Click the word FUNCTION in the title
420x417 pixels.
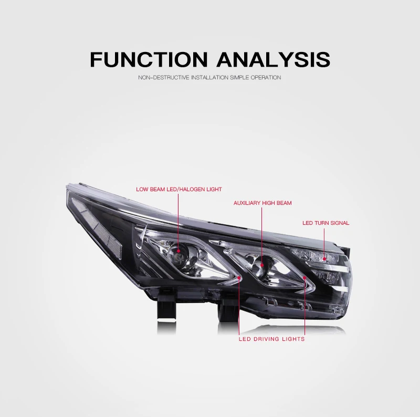(149, 59)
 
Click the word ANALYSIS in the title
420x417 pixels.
(274, 59)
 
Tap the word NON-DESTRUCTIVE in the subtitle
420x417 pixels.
(164, 78)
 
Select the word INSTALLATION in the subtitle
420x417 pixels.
(209, 78)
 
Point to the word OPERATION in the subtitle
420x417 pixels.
(266, 78)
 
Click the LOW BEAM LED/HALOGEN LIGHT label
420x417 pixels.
(179, 189)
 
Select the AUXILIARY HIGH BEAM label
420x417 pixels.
(262, 203)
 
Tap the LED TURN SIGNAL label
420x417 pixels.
(325, 223)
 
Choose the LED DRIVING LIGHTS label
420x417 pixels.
(271, 339)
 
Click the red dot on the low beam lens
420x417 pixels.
(178, 251)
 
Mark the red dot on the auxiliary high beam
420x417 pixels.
(262, 265)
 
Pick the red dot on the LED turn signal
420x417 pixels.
(324, 259)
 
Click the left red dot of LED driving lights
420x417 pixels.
(239, 278)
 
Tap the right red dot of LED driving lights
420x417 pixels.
(304, 278)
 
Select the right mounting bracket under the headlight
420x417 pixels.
(228, 308)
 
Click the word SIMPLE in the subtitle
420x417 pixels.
(240, 78)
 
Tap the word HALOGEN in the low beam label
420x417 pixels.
(191, 189)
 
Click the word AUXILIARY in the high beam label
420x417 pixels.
(247, 203)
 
